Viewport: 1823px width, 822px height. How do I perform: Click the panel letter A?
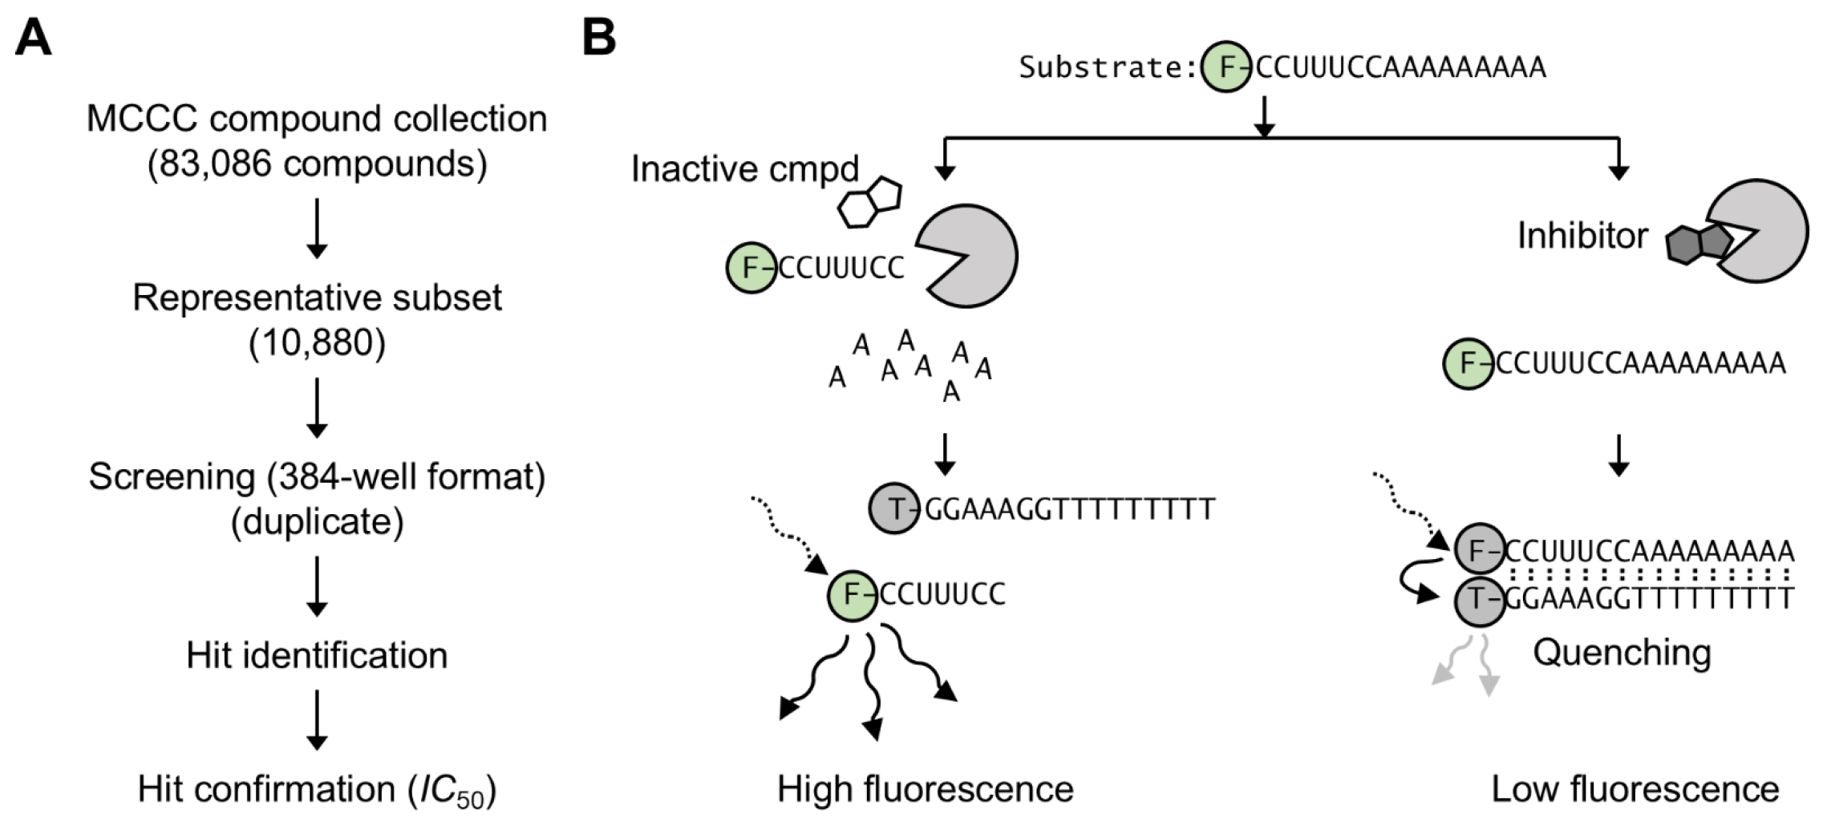tap(34, 38)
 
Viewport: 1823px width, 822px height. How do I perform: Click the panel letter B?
tap(599, 38)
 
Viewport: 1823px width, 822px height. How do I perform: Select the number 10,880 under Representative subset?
tap(317, 343)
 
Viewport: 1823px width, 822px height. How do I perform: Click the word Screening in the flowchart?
tap(172, 477)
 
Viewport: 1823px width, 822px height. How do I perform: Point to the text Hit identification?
tap(317, 656)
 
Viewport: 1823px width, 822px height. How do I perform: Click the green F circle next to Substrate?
tap(1225, 67)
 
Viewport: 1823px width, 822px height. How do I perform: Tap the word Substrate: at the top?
tap(1108, 67)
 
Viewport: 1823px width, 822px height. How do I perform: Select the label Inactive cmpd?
tap(744, 169)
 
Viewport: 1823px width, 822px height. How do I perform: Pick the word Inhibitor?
tap(1582, 236)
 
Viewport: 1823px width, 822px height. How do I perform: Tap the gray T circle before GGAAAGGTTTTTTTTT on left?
tap(894, 508)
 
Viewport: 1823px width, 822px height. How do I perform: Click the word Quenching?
tap(1622, 653)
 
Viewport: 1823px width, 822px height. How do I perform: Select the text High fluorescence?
tap(925, 790)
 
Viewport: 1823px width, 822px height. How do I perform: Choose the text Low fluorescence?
tap(1635, 790)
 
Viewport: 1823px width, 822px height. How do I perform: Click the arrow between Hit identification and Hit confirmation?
tap(317, 719)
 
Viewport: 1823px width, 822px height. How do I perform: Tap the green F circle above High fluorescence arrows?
tap(853, 595)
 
